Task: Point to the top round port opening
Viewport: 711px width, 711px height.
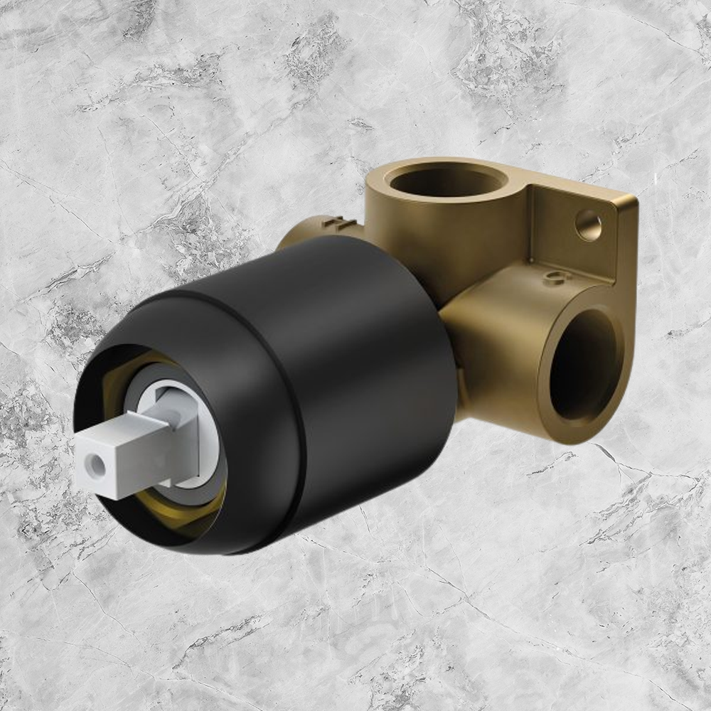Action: pyautogui.click(x=437, y=183)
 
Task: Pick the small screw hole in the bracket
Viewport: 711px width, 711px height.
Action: pyautogui.click(x=588, y=225)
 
